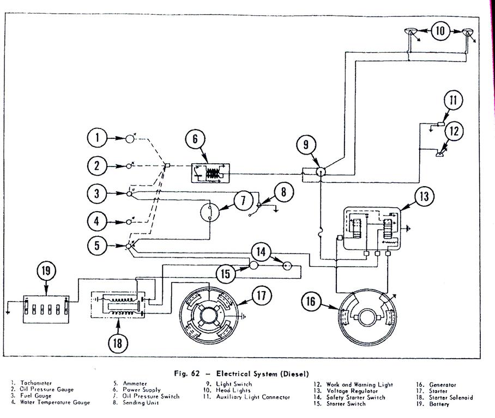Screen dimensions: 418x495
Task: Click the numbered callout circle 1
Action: click(x=98, y=139)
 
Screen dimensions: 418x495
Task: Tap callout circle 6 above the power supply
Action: click(x=195, y=139)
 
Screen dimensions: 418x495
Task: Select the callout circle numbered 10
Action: click(x=440, y=30)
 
